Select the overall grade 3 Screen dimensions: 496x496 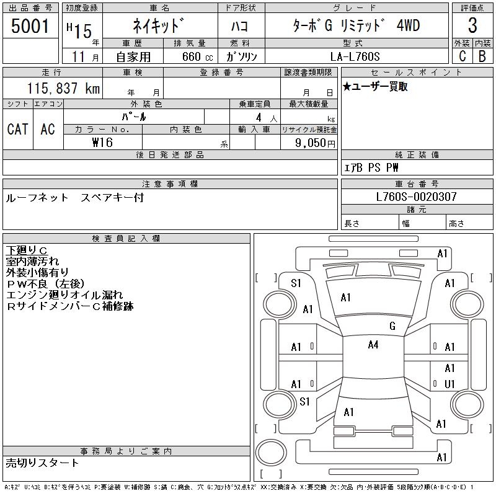pyautogui.click(x=472, y=26)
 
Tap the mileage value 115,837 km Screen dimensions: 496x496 pyautogui.click(x=63, y=89)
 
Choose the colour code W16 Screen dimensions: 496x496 pyautogui.click(x=102, y=142)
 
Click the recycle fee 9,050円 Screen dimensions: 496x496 pyautogui.click(x=316, y=142)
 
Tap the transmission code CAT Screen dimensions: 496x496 pyautogui.click(x=17, y=129)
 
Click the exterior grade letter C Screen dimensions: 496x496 pyautogui.click(x=462, y=56)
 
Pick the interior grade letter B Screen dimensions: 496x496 pyautogui.click(x=482, y=56)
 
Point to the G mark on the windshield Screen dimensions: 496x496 pyautogui.click(x=392, y=325)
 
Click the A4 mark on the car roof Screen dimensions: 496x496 pyautogui.click(x=373, y=345)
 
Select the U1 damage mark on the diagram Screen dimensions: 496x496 pyautogui.click(x=449, y=384)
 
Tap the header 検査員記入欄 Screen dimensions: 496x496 pyautogui.click(x=126, y=238)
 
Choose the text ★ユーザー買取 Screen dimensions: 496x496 pyautogui.click(x=375, y=87)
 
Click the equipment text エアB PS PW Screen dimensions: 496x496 pyautogui.click(x=371, y=167)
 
